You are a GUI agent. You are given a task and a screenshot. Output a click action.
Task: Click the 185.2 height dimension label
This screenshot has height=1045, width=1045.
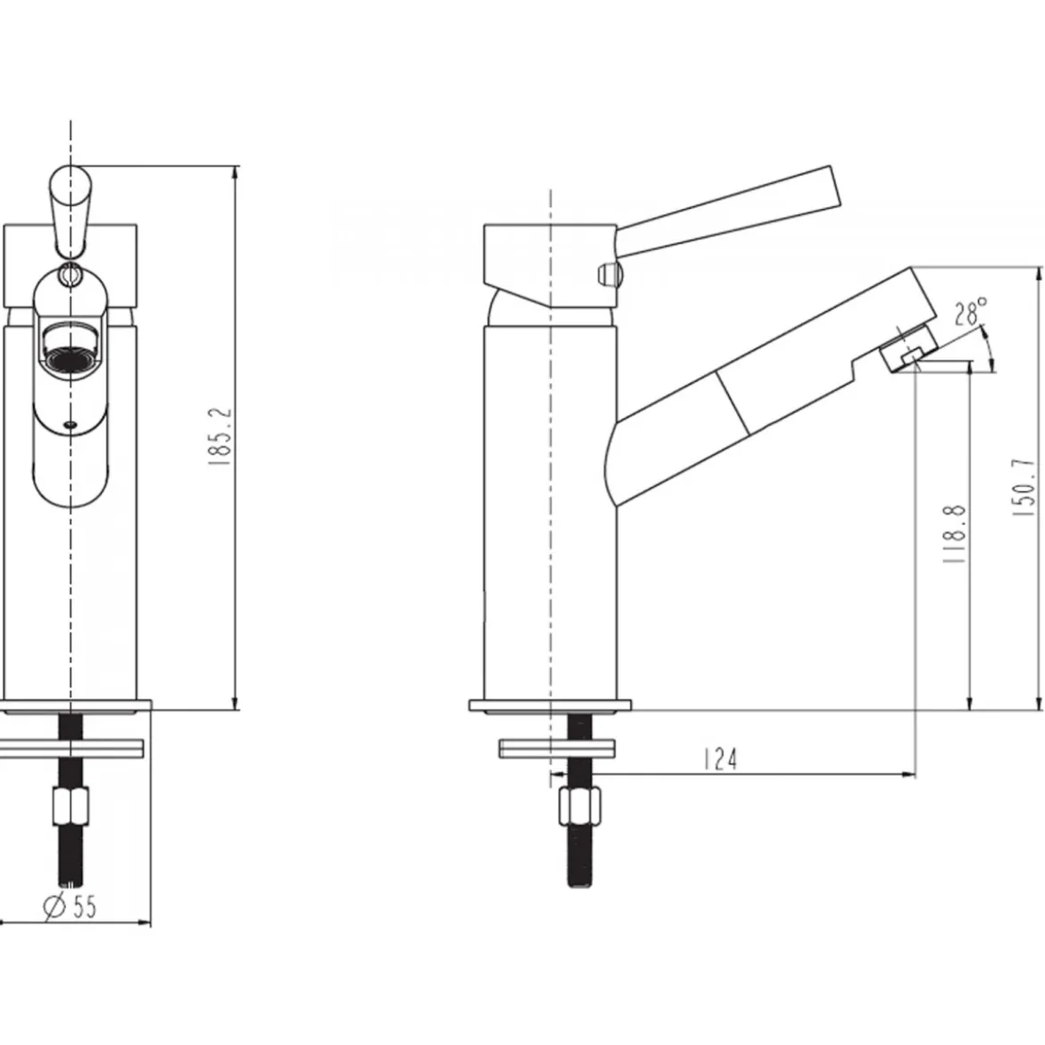220,437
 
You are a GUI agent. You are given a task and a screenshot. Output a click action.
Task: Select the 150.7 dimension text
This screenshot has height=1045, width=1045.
1025,488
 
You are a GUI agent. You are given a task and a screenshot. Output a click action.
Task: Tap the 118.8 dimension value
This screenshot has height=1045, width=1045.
955,534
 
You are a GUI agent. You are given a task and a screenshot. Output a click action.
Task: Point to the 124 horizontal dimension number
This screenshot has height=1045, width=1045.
721,759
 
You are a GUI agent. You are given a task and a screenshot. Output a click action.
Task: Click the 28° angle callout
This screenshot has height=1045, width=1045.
970,311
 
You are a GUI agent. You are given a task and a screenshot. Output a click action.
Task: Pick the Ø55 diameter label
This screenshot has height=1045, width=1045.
70,906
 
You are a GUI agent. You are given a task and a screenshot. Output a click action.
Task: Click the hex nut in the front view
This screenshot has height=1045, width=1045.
70,806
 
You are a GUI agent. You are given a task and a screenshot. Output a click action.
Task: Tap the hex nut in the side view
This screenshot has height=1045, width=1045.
580,806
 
